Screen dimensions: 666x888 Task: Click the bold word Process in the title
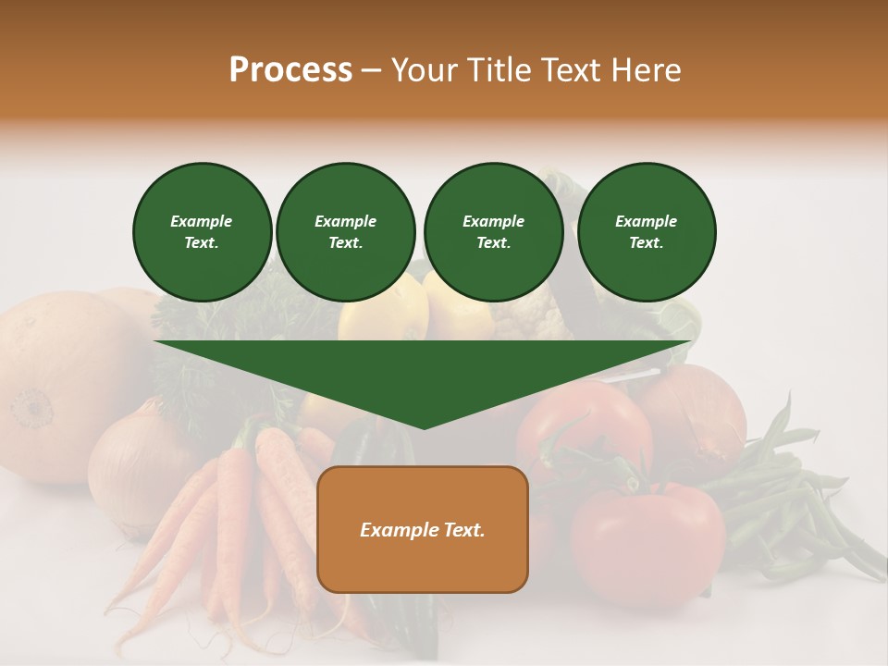coord(290,70)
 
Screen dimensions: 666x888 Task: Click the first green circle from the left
coord(202,232)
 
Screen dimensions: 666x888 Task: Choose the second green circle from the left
coord(345,232)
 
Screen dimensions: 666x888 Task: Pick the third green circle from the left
coord(493,232)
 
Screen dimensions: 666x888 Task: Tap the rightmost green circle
coord(646,232)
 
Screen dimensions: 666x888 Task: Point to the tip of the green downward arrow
coord(424,426)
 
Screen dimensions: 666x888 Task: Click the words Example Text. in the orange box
coord(423,530)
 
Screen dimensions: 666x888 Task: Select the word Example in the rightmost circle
coord(646,221)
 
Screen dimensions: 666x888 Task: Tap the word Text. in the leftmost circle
coord(202,243)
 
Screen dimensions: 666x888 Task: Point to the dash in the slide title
coord(371,70)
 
